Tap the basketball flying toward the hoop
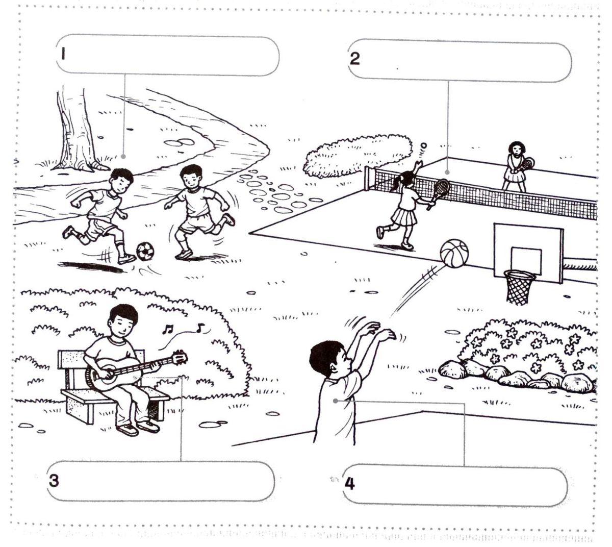tap(454, 253)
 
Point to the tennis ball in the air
tap(424, 145)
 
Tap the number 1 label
tap(63, 54)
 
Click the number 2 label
tap(354, 59)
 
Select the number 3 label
tap(54, 481)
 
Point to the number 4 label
tap(349, 484)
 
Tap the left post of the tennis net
tap(367, 178)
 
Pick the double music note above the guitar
tap(167, 329)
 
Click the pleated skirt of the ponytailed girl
tap(404, 217)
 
